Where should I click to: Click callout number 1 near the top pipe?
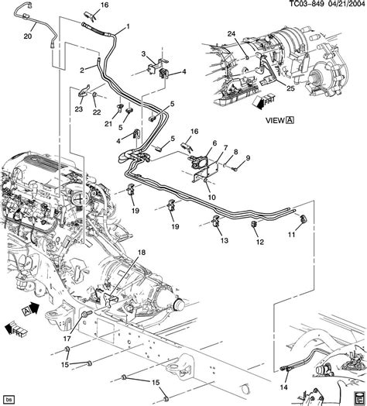[127, 31]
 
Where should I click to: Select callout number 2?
[81, 70]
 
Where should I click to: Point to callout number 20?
[28, 36]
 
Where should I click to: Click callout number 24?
[230, 32]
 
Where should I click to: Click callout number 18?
[142, 253]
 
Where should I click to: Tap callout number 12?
[259, 243]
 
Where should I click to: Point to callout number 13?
[225, 241]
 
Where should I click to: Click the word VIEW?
[274, 120]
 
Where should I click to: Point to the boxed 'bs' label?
[9, 397]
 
